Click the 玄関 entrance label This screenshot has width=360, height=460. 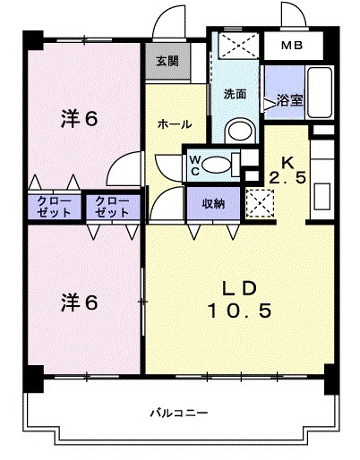pos(166,62)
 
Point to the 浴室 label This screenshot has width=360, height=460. pos(288,100)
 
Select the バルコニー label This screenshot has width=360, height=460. pos(178,413)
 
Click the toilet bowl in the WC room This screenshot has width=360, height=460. pos(215,164)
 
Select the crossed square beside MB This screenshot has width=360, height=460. pos(237,47)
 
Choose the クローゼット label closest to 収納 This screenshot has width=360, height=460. pos(112,208)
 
